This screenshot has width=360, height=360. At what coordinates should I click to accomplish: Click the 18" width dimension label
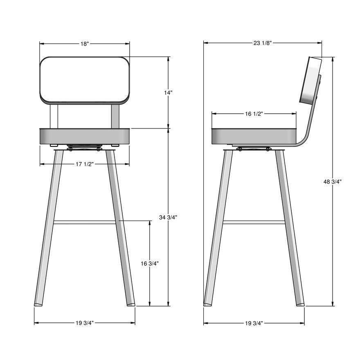click(x=84, y=43)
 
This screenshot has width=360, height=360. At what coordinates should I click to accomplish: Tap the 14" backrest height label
click(x=168, y=93)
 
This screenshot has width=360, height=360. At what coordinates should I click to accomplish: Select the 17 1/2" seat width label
click(x=84, y=164)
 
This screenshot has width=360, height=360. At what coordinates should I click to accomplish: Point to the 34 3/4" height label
click(x=168, y=217)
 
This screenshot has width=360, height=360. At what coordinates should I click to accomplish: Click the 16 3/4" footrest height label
click(x=150, y=264)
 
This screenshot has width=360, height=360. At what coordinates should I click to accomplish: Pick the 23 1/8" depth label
click(x=262, y=43)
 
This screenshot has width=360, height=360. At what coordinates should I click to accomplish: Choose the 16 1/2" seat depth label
click(x=254, y=114)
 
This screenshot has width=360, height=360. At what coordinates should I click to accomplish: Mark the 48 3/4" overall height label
click(x=333, y=182)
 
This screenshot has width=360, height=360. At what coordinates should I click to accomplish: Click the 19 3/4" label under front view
click(x=84, y=323)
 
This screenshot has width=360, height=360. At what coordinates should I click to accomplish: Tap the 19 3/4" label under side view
click(x=254, y=323)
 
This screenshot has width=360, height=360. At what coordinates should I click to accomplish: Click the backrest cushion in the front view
click(x=85, y=79)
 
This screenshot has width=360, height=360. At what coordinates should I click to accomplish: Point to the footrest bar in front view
click(x=85, y=223)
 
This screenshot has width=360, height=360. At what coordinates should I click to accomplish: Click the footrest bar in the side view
click(x=254, y=223)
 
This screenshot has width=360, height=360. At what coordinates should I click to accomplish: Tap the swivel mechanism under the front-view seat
click(x=85, y=147)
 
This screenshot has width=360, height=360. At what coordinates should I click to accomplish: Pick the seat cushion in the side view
click(x=254, y=135)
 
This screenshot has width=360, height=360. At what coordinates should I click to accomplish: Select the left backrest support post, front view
click(x=54, y=116)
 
